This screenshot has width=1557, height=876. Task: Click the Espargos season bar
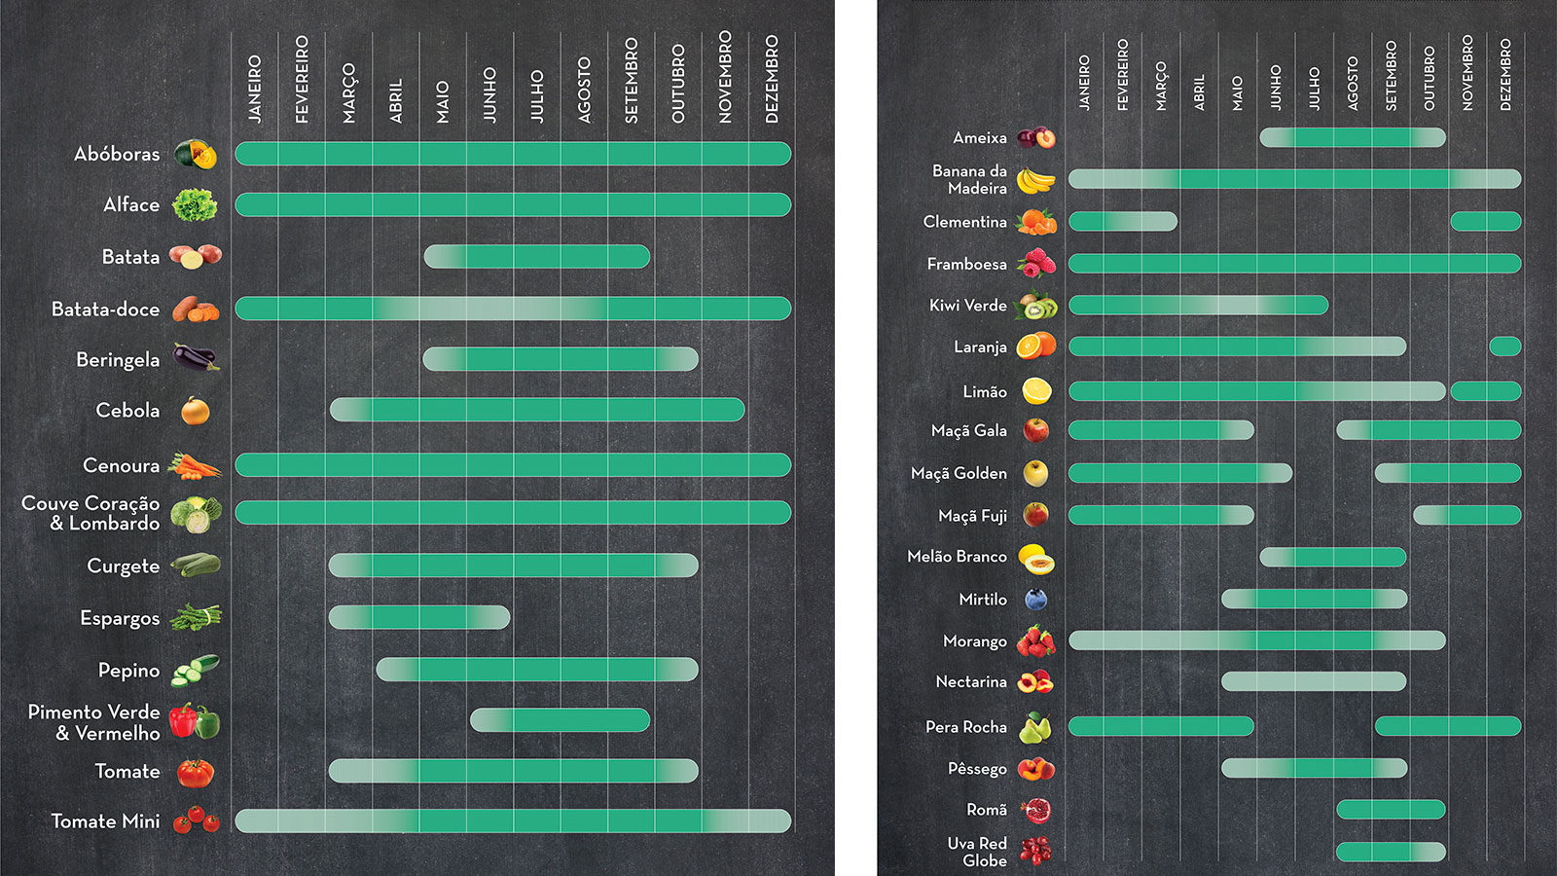tap(418, 617)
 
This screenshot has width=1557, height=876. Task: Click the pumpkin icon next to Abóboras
tap(195, 154)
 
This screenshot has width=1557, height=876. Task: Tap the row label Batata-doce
tap(105, 310)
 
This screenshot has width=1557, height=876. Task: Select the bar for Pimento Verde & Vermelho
tap(560, 720)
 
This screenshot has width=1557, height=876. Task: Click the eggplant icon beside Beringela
tap(195, 358)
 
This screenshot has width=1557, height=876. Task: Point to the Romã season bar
tap(1391, 809)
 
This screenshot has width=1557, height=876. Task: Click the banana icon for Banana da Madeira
tap(1035, 180)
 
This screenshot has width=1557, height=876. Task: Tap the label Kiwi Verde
tap(967, 306)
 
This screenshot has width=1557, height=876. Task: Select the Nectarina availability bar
tap(1314, 681)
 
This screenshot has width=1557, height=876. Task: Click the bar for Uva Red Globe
tap(1391, 853)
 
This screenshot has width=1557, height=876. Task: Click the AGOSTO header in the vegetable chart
tap(584, 90)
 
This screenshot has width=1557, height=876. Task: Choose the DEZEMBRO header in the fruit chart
tap(1505, 74)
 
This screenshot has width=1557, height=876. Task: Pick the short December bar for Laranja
tap(1504, 347)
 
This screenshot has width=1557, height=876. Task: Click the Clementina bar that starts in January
tap(1123, 222)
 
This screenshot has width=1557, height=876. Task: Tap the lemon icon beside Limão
tap(1035, 391)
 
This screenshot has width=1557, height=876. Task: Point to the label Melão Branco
tap(957, 557)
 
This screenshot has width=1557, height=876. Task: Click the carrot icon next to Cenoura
tap(195, 466)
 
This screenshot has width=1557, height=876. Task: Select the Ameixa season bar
tap(1353, 137)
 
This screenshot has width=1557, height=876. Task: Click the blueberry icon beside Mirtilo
tap(1035, 600)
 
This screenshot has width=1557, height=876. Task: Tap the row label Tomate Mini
tap(105, 821)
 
